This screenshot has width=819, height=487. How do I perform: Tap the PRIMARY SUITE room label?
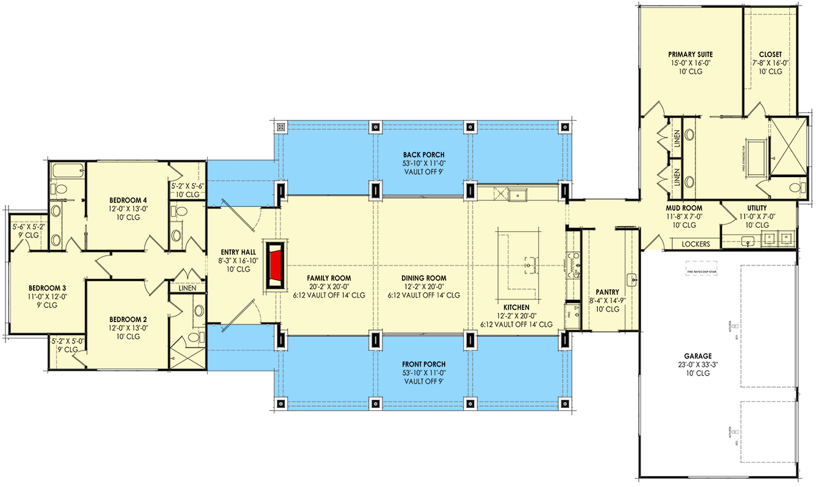pos(690,54)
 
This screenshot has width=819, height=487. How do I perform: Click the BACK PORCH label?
pos(424,155)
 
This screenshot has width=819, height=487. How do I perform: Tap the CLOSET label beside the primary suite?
pos(770,54)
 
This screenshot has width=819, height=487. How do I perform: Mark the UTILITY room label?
pos(753,208)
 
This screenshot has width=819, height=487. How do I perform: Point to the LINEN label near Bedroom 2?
pos(188,288)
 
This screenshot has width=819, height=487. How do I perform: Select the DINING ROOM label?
pos(423,278)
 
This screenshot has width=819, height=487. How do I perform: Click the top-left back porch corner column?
pos(281,127)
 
